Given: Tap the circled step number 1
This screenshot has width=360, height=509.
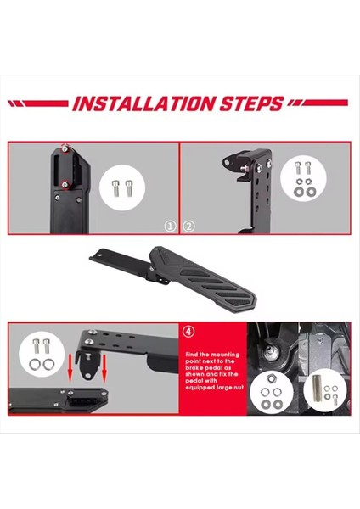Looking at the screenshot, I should pos(170,227).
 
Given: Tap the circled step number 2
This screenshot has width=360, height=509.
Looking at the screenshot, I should pos(189,227).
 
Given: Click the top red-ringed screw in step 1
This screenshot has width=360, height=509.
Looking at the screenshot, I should pos(65,148).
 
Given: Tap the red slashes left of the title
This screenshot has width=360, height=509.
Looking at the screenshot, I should pos(38,104).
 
